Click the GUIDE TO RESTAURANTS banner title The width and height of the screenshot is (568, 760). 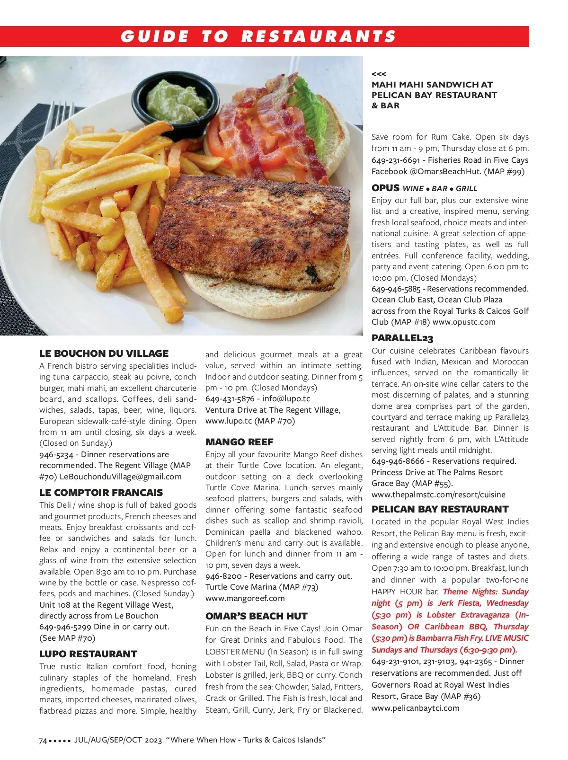[258, 36]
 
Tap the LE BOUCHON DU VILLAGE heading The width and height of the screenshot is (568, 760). [104, 353]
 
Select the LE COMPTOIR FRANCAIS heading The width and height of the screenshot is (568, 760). [101, 493]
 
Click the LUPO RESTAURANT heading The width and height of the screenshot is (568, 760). [88, 654]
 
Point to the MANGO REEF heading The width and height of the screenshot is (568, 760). [239, 442]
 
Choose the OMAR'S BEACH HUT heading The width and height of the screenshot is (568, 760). [256, 616]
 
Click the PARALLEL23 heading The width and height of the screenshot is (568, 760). [402, 338]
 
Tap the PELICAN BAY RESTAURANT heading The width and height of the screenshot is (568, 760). [440, 509]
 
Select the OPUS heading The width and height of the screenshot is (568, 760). [385, 188]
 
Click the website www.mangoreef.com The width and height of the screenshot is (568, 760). [245, 598]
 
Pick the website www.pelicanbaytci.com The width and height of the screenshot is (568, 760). [415, 708]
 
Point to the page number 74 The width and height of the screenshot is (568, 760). [43, 740]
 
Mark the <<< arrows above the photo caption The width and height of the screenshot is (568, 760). [379, 74]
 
